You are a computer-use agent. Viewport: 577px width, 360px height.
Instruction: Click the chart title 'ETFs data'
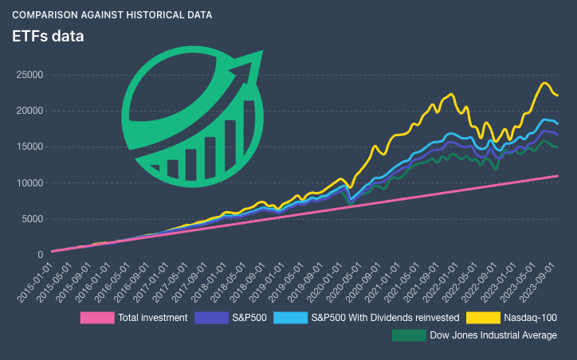[x=48, y=36]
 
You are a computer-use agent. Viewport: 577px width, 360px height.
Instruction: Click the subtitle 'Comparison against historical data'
[x=112, y=15]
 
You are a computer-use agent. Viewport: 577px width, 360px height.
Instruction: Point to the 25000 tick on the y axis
[x=29, y=74]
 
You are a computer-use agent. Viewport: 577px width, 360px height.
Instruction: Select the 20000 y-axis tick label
[x=29, y=110]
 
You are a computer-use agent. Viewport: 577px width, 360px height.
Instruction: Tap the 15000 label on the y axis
[x=29, y=147]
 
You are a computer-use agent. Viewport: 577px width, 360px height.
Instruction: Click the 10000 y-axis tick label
[x=29, y=182]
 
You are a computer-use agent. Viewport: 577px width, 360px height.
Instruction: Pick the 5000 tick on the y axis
[x=32, y=219]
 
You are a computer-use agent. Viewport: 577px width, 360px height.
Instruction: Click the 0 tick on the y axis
[x=40, y=255]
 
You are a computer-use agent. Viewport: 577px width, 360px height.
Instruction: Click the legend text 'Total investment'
[x=152, y=318]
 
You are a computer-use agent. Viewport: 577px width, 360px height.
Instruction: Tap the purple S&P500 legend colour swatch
[x=211, y=318]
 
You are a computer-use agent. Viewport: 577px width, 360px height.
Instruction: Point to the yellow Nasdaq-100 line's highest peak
[x=546, y=83]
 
